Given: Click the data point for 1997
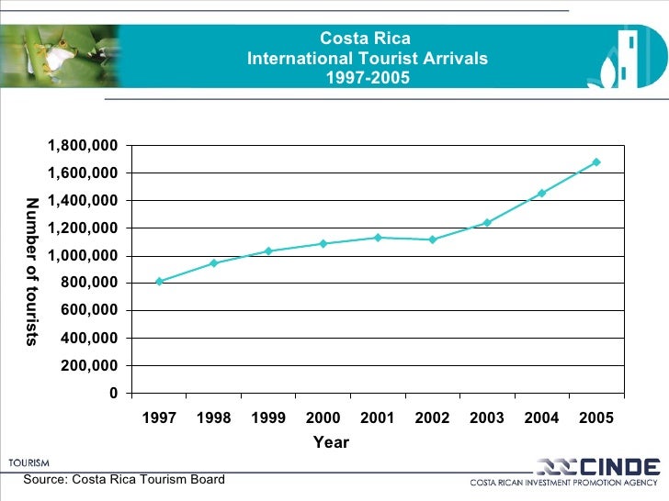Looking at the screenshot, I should pos(159,282).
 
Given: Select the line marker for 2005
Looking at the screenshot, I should pos(596,162).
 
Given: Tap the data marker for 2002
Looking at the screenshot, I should pos(432,239).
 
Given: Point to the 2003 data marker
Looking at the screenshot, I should pos(487,222).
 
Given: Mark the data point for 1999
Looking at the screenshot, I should pos(268,250).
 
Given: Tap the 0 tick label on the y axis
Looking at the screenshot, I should pos(114,394).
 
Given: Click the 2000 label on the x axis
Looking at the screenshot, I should pos(323,418).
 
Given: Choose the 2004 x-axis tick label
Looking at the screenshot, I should pos(541,418).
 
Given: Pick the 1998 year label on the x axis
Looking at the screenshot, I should pos(213,418).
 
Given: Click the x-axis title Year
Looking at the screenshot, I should pos(331,442).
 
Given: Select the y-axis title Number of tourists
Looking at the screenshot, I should pos(32,272).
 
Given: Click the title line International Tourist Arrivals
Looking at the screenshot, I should pos(367,59).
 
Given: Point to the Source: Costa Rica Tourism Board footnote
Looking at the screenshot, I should pos(124,480).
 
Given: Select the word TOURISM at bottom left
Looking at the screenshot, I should pos(29,463).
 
